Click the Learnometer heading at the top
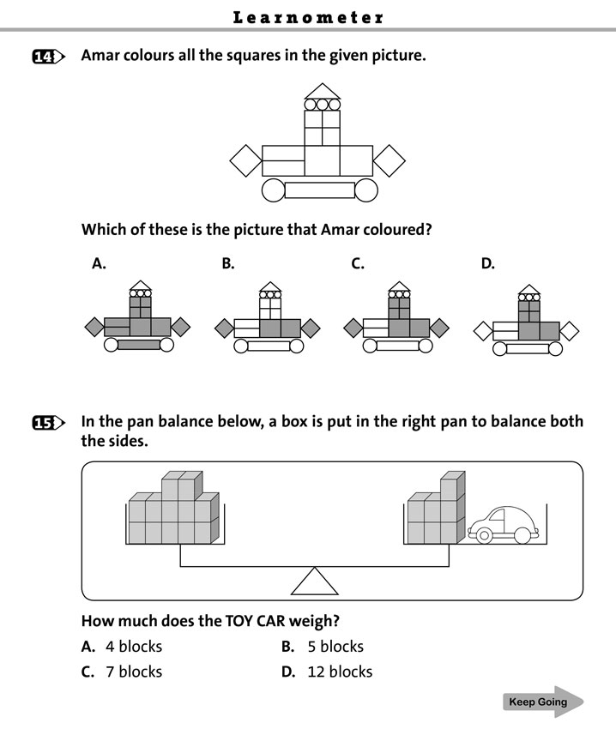pyautogui.click(x=308, y=17)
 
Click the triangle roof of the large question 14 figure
pyautogui.click(x=323, y=91)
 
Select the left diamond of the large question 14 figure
pyautogui.click(x=245, y=160)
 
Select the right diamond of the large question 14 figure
pyautogui.click(x=390, y=160)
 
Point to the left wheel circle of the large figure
pyautogui.click(x=274, y=190)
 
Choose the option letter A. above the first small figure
pyautogui.click(x=99, y=264)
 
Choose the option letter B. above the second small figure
pyautogui.click(x=228, y=264)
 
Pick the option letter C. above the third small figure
pyautogui.click(x=358, y=264)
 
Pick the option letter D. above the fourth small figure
pyautogui.click(x=487, y=264)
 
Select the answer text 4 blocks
pyautogui.click(x=134, y=647)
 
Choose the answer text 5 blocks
pyautogui.click(x=335, y=647)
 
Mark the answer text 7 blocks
pyautogui.click(x=134, y=672)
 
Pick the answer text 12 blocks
pyautogui.click(x=340, y=672)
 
